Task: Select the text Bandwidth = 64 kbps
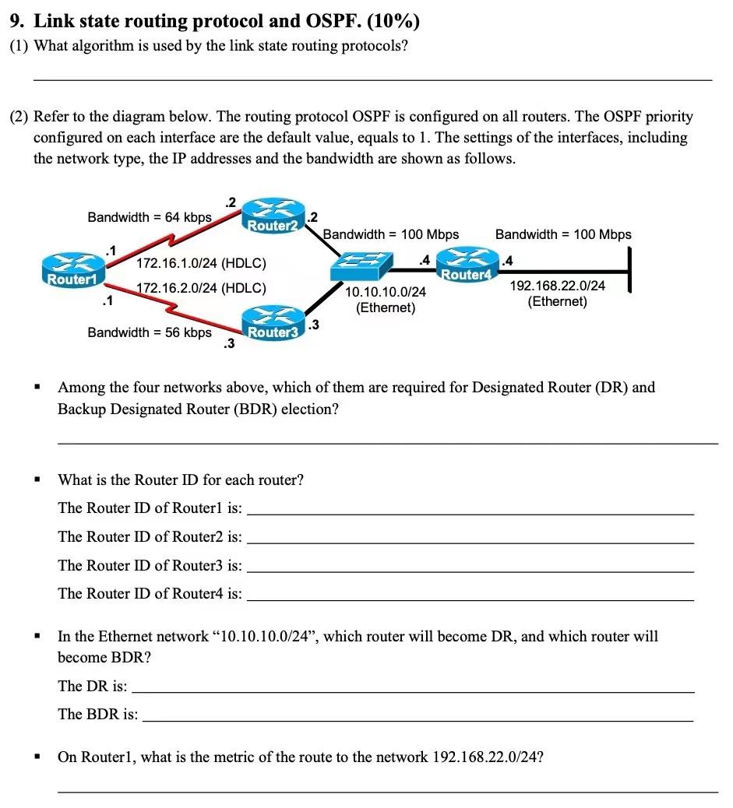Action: tap(150, 217)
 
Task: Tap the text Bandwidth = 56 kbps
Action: tap(150, 332)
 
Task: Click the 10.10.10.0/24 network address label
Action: tap(386, 292)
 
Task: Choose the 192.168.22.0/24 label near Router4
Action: tap(557, 286)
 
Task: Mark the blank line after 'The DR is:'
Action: tap(413, 691)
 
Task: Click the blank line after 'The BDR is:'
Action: tap(417, 720)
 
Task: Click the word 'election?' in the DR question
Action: tap(310, 409)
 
